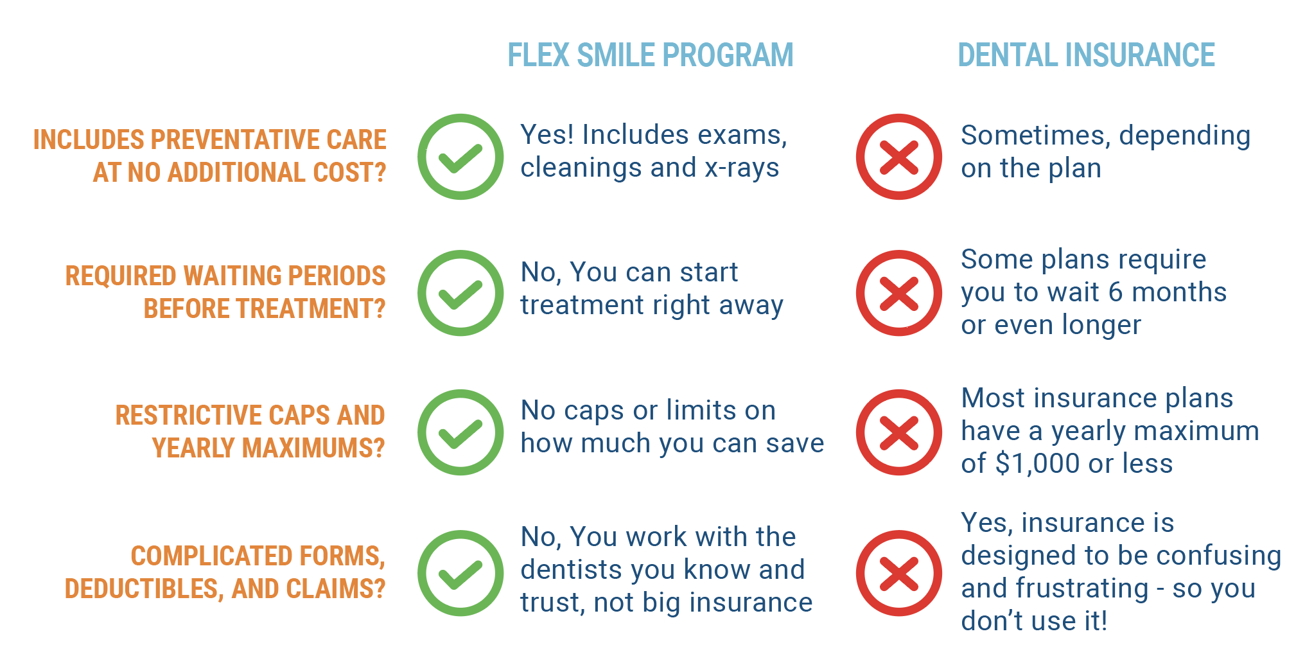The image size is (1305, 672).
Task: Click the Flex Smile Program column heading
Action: pyautogui.click(x=651, y=55)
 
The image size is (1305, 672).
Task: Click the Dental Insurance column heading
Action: pyautogui.click(x=1086, y=55)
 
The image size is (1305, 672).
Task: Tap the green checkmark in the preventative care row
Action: pyautogui.click(x=460, y=157)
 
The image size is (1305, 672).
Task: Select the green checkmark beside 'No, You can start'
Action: pyautogui.click(x=460, y=293)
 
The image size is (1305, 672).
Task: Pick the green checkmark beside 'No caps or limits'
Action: pyautogui.click(x=460, y=432)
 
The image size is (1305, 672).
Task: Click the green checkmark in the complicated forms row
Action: pyautogui.click(x=460, y=573)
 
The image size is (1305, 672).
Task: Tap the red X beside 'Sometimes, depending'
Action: pyautogui.click(x=899, y=157)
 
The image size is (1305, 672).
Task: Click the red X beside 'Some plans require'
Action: pyautogui.click(x=899, y=293)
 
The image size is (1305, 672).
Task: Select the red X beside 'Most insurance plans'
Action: pyautogui.click(x=899, y=432)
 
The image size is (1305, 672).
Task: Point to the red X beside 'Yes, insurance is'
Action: pyautogui.click(x=899, y=573)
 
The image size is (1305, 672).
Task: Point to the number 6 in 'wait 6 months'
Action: pyautogui.click(x=1116, y=292)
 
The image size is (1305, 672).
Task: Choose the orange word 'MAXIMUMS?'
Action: pyautogui.click(x=268, y=448)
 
